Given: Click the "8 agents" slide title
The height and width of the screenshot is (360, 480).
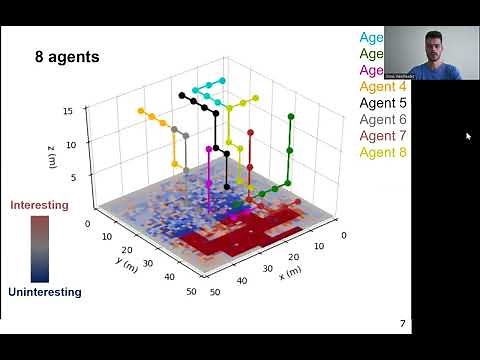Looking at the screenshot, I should click(67, 57).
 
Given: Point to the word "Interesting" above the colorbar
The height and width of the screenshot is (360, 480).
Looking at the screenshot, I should click(39, 205).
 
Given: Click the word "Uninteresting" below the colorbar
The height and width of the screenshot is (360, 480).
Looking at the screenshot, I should click(46, 293).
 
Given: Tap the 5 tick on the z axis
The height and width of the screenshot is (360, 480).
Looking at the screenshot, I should click(71, 178).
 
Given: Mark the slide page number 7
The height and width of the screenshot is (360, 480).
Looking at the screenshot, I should click(402, 324).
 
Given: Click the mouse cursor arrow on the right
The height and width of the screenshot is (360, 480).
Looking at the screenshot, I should click(468, 136).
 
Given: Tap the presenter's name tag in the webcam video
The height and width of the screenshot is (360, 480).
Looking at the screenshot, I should click(404, 76).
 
